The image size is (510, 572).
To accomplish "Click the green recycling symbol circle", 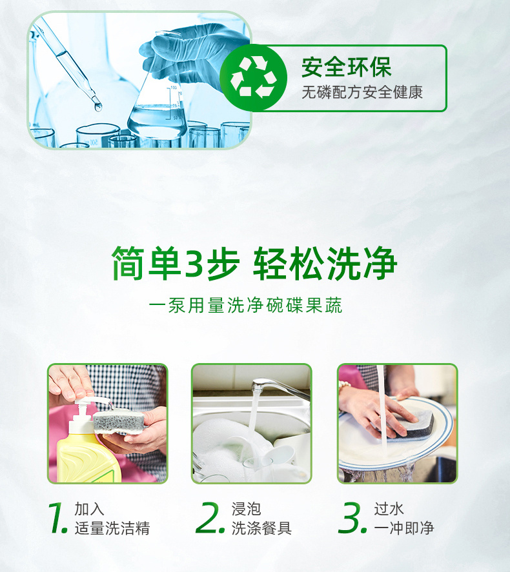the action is point(253,77).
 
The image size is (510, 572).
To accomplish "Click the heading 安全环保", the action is point(347,67).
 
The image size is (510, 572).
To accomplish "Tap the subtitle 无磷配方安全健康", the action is point(362,92).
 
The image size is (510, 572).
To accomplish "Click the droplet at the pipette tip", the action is point(98,106).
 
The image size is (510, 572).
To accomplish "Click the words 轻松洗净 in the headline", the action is point(325,263).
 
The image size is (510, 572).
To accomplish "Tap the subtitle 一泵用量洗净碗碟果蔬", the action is point(245,305).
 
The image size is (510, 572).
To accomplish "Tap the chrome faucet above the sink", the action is point(280,388).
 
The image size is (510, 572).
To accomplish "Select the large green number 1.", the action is point(57,518).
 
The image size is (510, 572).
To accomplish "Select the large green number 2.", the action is point(210,518).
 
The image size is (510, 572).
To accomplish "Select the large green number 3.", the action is point(352,518).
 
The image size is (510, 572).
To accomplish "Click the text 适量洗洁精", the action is point(112,528).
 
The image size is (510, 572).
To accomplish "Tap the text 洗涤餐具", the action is point(261,528).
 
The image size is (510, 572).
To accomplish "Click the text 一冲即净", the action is point(403,528).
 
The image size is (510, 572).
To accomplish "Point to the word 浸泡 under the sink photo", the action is point(246,509).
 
